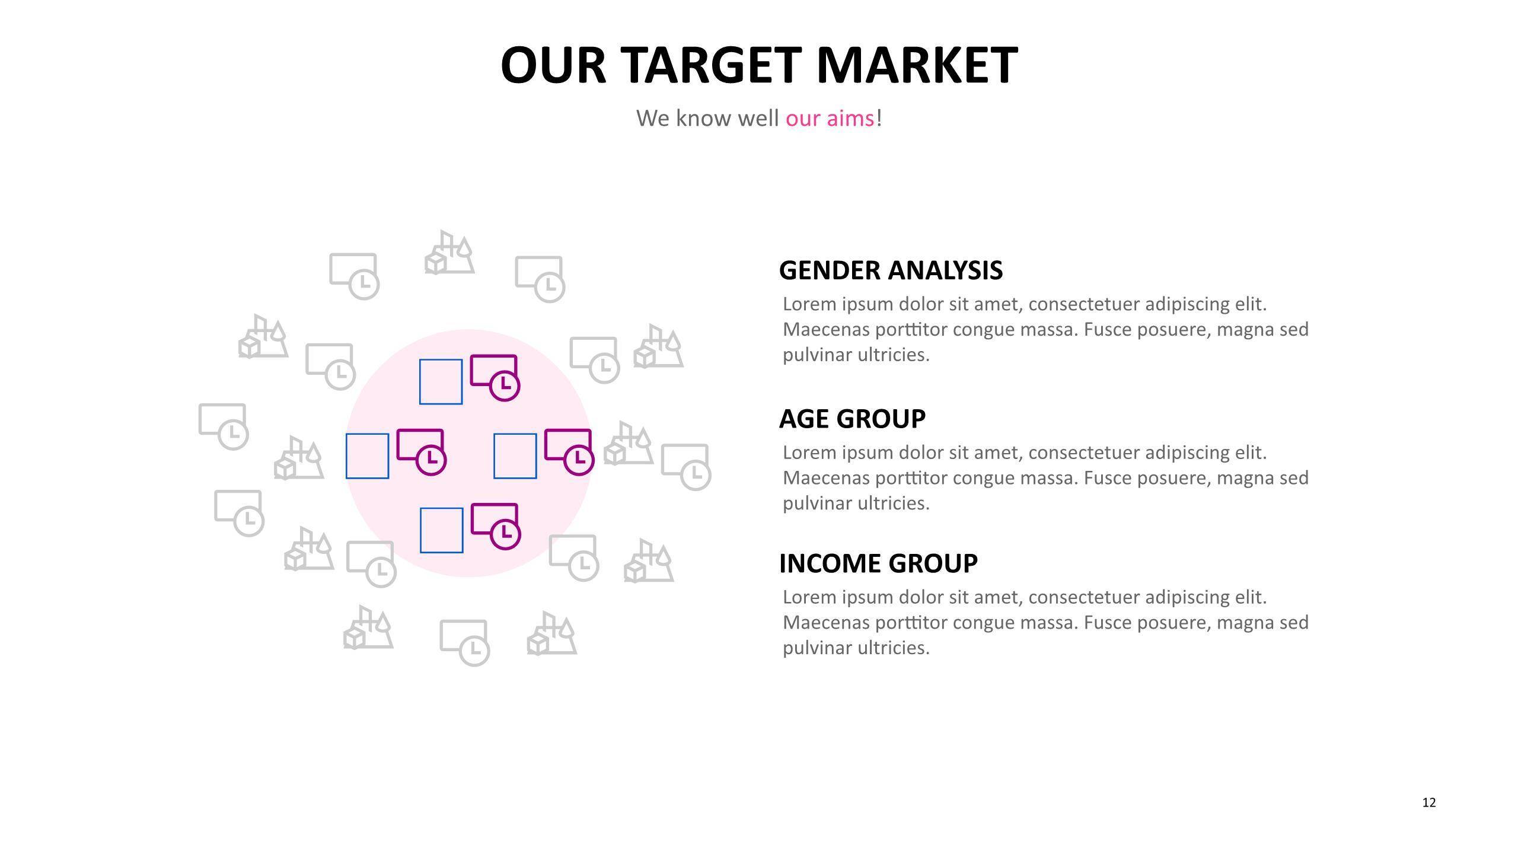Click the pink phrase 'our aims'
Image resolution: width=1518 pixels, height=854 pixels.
click(830, 119)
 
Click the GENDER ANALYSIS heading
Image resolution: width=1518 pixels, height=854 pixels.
click(891, 270)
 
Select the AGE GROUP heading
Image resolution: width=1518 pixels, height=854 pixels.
click(852, 419)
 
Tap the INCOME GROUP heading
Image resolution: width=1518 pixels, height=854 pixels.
click(878, 563)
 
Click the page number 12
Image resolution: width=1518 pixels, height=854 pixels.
click(1429, 802)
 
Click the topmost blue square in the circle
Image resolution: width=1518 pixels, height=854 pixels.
click(441, 382)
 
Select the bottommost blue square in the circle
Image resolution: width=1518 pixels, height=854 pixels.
click(442, 530)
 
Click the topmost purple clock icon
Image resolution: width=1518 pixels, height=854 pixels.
click(495, 378)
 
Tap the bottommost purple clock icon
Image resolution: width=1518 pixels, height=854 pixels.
click(496, 526)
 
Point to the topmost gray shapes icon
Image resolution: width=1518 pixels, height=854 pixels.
click(449, 252)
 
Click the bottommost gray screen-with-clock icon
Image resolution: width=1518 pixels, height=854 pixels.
click(464, 643)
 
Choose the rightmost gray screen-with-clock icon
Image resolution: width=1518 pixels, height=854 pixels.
click(686, 467)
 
